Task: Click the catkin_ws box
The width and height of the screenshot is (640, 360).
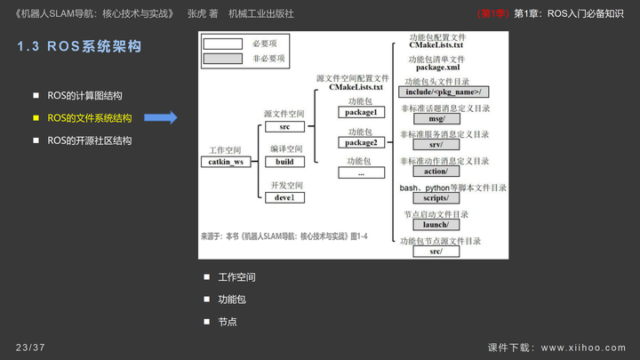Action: pyautogui.click(x=226, y=162)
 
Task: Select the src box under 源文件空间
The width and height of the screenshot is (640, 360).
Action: pyautogui.click(x=285, y=127)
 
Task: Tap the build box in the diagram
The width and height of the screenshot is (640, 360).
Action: pyautogui.click(x=285, y=162)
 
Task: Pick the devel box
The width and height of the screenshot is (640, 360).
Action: pyautogui.click(x=285, y=196)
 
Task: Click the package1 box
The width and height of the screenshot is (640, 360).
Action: pyautogui.click(x=361, y=113)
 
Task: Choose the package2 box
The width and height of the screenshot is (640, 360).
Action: pyautogui.click(x=361, y=142)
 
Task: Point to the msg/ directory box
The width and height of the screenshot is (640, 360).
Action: pyautogui.click(x=436, y=118)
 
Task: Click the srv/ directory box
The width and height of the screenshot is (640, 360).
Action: pyautogui.click(x=436, y=144)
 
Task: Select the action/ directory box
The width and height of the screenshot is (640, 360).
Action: pyautogui.click(x=436, y=171)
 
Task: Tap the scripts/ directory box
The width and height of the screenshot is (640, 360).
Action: pyautogui.click(x=436, y=198)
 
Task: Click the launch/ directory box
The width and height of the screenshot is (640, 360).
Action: pyautogui.click(x=436, y=225)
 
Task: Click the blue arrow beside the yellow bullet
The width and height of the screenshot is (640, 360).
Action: pyautogui.click(x=162, y=117)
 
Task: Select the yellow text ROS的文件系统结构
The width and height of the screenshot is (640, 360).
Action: pyautogui.click(x=89, y=117)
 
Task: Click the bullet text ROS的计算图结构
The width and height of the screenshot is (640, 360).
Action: pyautogui.click(x=84, y=95)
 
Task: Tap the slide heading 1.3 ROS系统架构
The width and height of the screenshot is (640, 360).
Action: pyautogui.click(x=79, y=47)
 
